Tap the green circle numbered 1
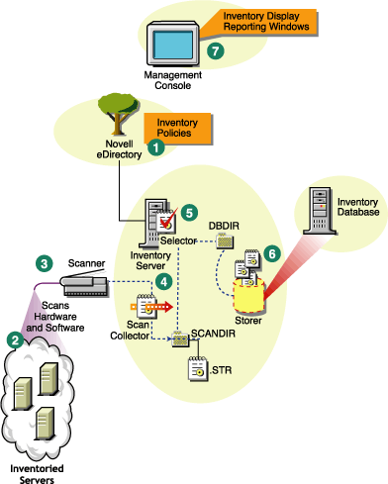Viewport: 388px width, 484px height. (x=154, y=144)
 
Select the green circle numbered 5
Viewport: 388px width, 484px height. (x=190, y=211)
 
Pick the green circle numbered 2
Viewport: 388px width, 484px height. (x=15, y=338)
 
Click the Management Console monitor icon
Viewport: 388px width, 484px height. (x=172, y=44)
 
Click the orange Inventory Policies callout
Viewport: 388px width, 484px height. (x=169, y=126)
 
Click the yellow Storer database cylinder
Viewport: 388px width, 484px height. (x=245, y=290)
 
